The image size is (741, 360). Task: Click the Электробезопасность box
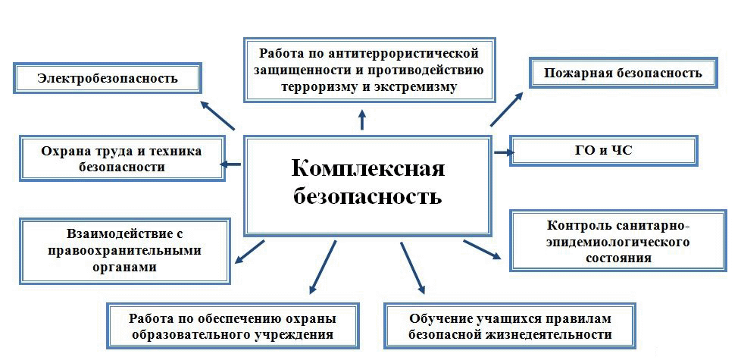[107, 78]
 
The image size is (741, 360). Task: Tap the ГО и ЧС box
[603, 150]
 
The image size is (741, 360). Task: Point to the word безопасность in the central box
[367, 197]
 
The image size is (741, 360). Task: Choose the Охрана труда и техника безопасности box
[121, 158]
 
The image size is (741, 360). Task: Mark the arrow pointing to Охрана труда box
[231, 163]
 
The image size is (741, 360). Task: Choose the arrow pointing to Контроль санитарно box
[482, 250]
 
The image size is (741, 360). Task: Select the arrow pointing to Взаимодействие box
[249, 252]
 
